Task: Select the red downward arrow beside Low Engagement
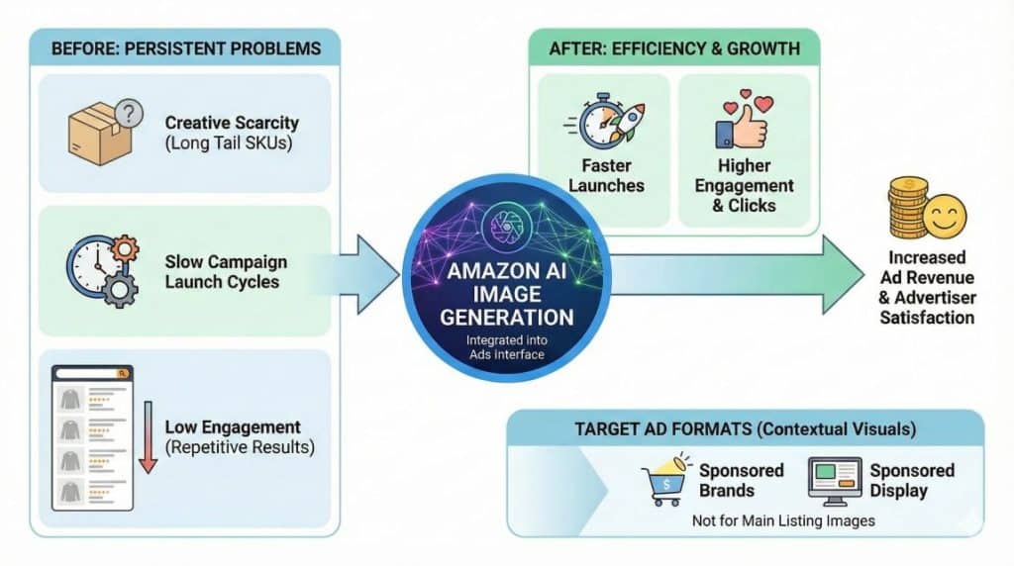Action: pyautogui.click(x=148, y=436)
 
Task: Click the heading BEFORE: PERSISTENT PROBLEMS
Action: pyautogui.click(x=183, y=47)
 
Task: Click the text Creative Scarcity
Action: pyautogui.click(x=232, y=124)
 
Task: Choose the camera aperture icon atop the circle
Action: pyautogui.click(x=506, y=226)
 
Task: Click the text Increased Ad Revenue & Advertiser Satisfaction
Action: pyautogui.click(x=927, y=288)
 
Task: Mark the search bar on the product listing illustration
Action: pyautogui.click(x=92, y=373)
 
